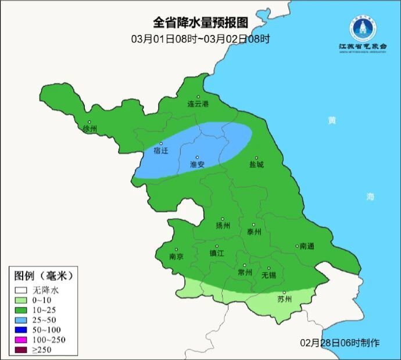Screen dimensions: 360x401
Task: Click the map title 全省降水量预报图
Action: tap(201, 23)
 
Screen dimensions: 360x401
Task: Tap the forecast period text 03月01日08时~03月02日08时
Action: tap(201, 39)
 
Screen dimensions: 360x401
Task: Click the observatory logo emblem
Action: tap(363, 27)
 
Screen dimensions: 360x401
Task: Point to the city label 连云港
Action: tap(198, 104)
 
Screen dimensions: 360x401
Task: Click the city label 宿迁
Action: tap(160, 151)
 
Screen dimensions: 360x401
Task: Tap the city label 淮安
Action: tap(197, 165)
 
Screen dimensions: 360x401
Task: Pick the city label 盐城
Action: tap(256, 165)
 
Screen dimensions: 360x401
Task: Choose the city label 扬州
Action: tap(223, 226)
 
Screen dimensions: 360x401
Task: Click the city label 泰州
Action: tap(254, 231)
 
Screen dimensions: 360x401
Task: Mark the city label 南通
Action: tap(306, 246)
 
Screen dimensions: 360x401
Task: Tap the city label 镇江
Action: tap(217, 254)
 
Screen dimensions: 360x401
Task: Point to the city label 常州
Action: tap(245, 272)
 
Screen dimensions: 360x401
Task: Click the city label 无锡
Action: tap(268, 274)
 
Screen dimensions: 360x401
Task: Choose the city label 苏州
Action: tap(284, 300)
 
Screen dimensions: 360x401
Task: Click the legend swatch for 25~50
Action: tap(22, 319)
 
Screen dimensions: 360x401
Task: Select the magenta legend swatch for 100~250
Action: tap(22, 339)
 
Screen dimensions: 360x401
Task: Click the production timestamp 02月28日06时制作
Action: tap(340, 343)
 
